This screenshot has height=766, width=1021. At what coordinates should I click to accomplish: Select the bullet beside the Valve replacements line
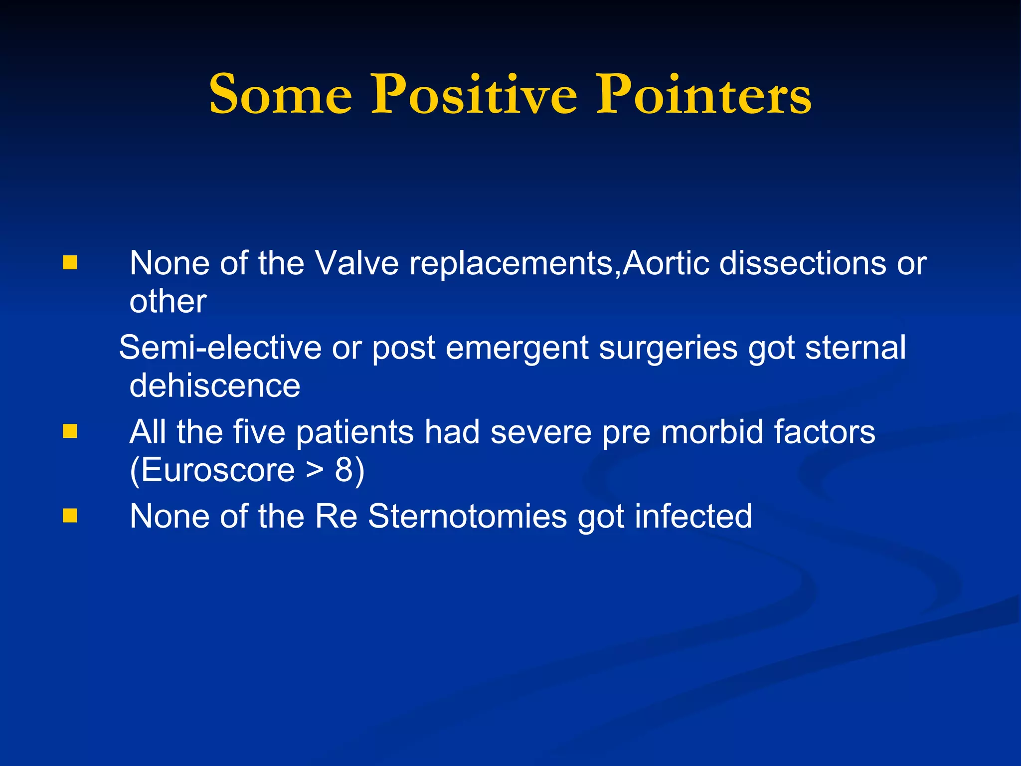[70, 263]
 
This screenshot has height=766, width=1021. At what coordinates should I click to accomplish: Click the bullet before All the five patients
[70, 431]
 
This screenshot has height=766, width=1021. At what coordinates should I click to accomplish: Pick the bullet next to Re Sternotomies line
[70, 516]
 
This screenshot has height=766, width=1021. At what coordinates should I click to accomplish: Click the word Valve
[357, 263]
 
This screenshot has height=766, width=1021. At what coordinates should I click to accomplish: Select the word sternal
[855, 348]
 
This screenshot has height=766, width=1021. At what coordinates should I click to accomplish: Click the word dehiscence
[215, 385]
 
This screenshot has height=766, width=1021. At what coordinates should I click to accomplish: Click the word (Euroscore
[212, 470]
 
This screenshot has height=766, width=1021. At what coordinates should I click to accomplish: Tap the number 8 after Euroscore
[344, 470]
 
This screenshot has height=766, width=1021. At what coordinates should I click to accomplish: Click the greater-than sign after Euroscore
[315, 470]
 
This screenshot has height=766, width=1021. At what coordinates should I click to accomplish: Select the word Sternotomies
[467, 516]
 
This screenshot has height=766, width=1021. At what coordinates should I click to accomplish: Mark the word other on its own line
[168, 301]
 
